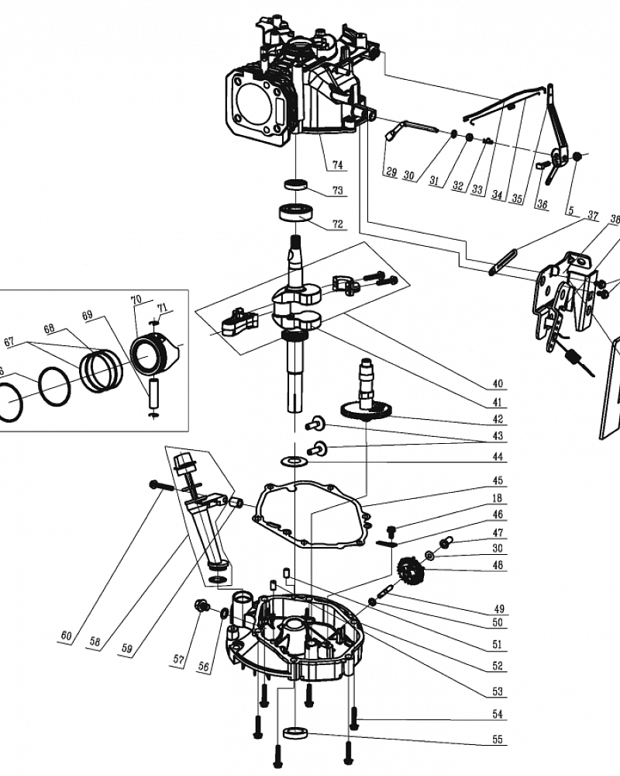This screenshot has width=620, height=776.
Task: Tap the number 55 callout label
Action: pyautogui.click(x=497, y=740)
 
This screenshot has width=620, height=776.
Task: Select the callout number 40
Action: pyautogui.click(x=497, y=383)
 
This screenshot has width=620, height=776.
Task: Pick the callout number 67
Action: pyautogui.click(x=9, y=341)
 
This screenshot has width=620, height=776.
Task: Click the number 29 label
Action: pyautogui.click(x=391, y=173)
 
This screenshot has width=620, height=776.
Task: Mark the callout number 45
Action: pyautogui.click(x=497, y=480)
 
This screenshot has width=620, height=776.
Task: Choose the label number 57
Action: pyautogui.click(x=179, y=659)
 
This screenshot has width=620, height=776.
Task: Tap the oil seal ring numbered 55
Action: pyautogui.click(x=295, y=732)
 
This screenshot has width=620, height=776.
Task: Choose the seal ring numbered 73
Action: pyautogui.click(x=295, y=185)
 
